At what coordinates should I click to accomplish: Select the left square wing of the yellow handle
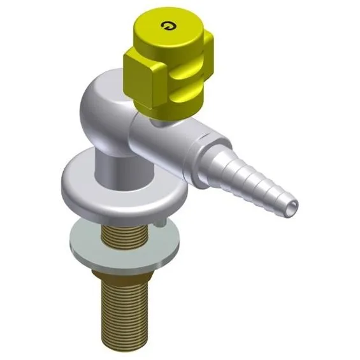coord(145,76)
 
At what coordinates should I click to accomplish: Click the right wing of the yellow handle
coord(208,54)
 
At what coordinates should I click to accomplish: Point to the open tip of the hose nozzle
coord(291,208)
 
